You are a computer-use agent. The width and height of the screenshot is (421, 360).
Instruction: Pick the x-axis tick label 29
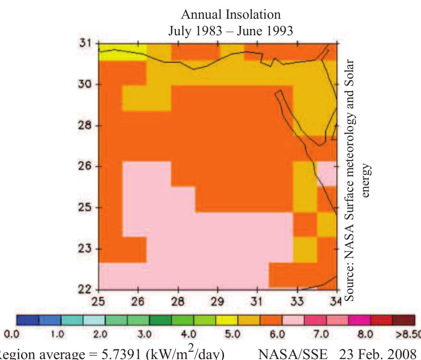tap(217, 302)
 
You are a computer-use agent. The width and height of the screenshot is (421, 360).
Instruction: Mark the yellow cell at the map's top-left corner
tap(123, 52)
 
